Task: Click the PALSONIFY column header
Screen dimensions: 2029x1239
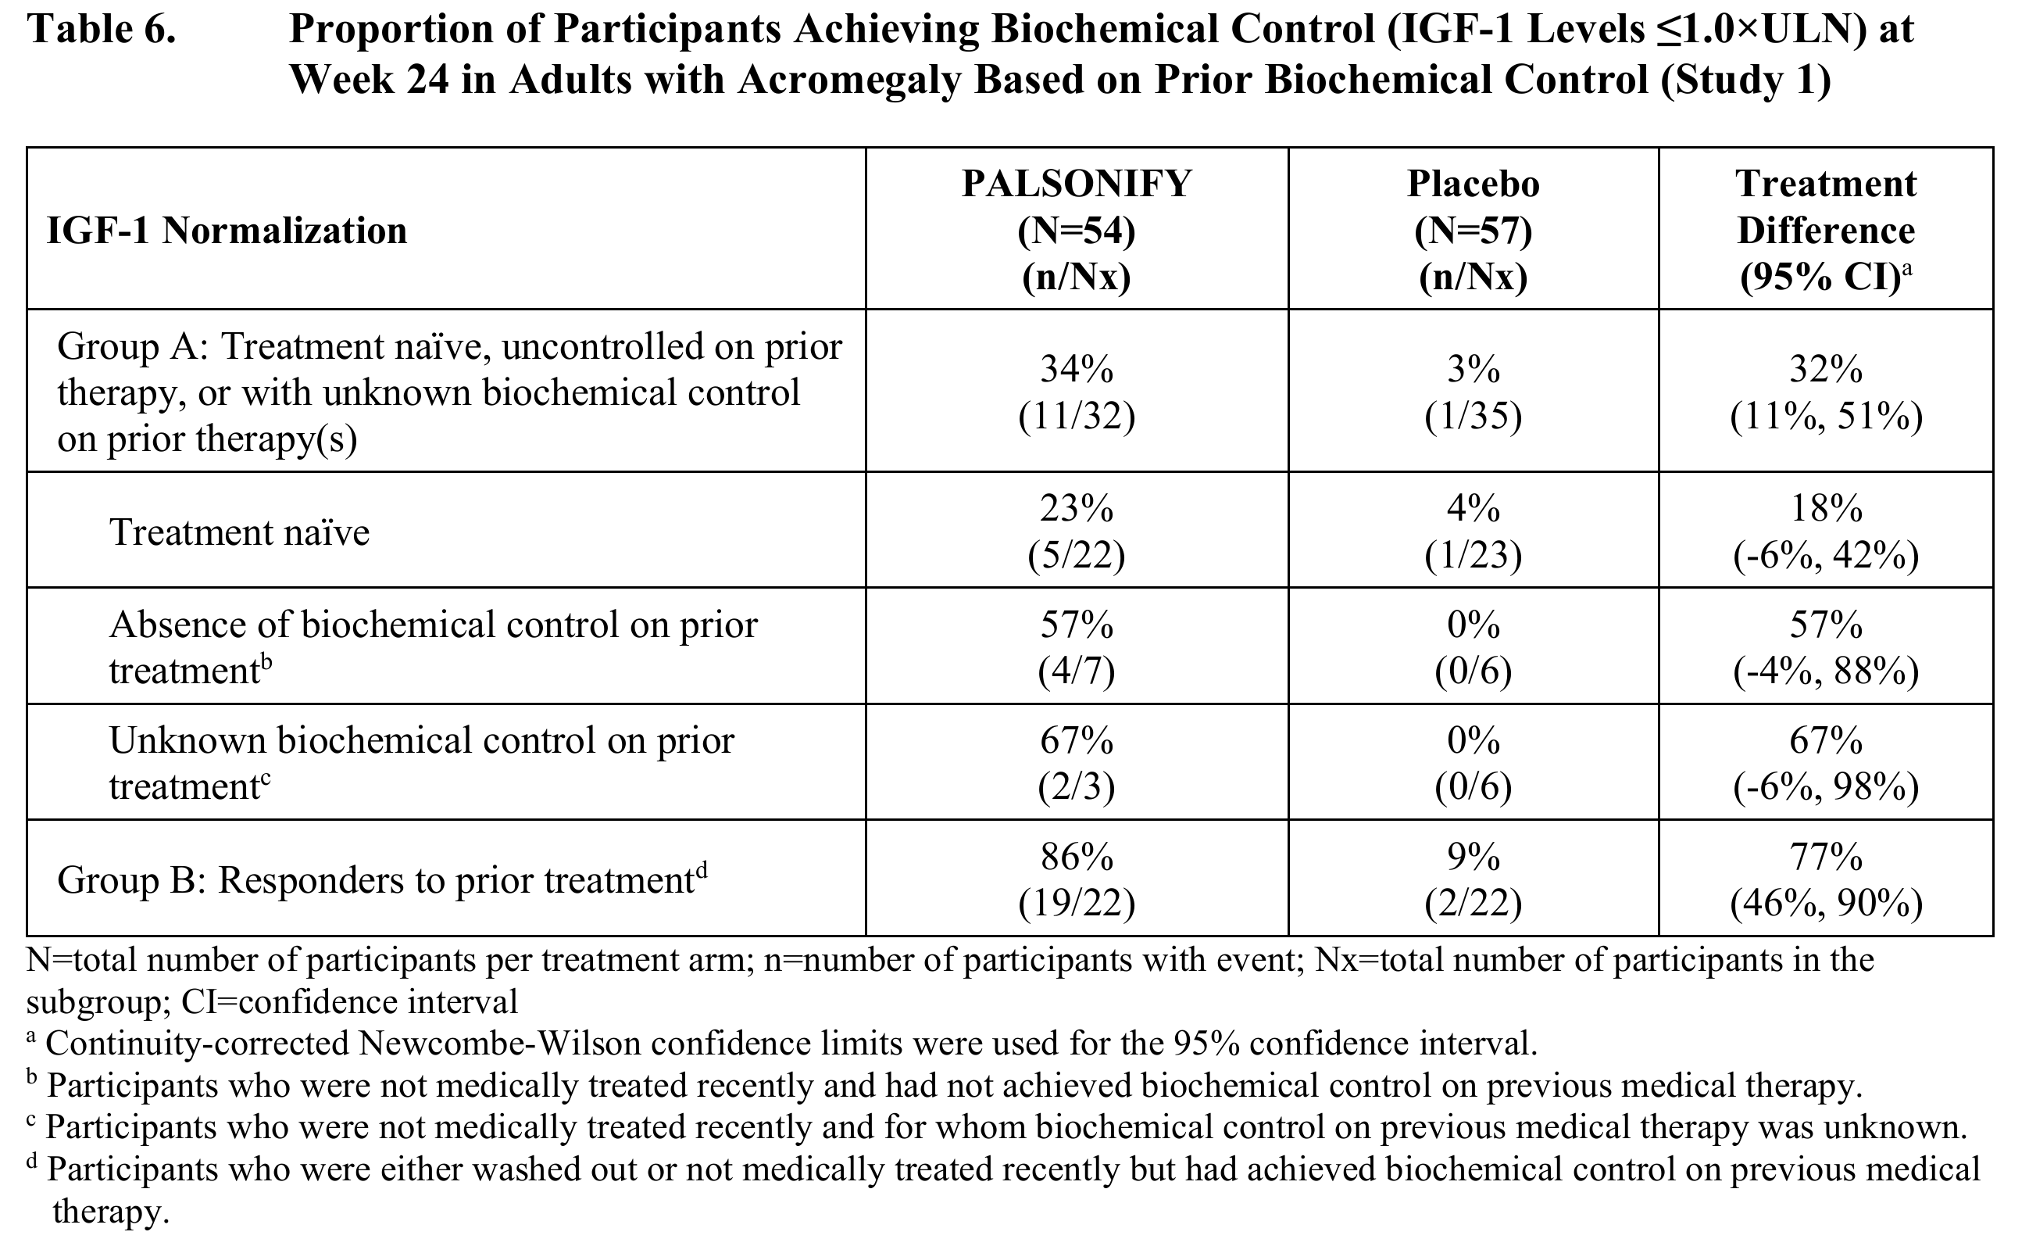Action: [1077, 231]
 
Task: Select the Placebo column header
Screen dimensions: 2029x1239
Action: [1474, 231]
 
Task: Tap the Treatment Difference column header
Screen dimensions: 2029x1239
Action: [1826, 231]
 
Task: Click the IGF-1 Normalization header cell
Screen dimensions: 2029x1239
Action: [227, 231]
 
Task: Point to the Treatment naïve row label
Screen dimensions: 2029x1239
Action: [240, 532]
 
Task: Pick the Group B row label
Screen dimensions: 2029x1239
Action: [382, 880]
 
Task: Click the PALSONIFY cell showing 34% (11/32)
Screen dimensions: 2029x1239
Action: [1077, 393]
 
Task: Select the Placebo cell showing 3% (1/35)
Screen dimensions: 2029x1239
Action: [1474, 393]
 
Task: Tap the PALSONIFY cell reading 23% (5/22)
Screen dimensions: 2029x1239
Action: [1077, 532]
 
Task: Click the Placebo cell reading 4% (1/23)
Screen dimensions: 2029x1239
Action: [1474, 532]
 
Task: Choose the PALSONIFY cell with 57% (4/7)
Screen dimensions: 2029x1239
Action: [1077, 647]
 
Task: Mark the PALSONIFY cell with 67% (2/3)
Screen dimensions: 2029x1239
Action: [1077, 764]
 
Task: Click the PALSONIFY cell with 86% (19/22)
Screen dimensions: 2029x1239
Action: [1077, 880]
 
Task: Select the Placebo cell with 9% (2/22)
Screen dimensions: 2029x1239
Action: [1474, 880]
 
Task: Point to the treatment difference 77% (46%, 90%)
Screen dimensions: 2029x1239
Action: [1826, 880]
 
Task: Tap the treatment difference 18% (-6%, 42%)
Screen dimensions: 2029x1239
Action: [1826, 532]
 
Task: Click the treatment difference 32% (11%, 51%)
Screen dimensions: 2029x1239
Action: [1826, 393]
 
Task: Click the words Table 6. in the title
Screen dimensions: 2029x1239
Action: [102, 30]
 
